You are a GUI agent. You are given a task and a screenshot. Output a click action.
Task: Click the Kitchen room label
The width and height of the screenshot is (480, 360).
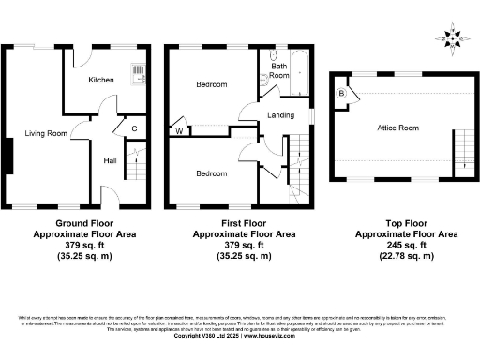coord(101,81)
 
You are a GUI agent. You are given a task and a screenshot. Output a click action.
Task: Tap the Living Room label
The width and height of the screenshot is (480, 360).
coord(46,134)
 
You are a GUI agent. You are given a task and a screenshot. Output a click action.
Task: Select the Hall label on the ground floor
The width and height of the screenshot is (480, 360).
coord(110,160)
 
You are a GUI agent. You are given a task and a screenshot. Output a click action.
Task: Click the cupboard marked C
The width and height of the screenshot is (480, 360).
coord(134,127)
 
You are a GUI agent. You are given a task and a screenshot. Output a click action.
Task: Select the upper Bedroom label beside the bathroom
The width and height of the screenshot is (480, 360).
coord(211,85)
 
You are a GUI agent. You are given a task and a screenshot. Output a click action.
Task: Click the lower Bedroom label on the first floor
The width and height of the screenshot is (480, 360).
coord(211,174)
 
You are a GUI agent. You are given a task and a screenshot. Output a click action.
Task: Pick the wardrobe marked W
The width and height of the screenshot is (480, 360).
coord(179,131)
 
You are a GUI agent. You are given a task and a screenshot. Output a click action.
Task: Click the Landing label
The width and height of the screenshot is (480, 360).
coord(281,115)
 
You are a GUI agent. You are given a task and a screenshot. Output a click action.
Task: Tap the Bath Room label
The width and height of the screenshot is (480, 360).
coord(279,72)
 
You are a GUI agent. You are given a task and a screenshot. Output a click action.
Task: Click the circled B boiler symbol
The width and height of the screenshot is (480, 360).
coord(341,95)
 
